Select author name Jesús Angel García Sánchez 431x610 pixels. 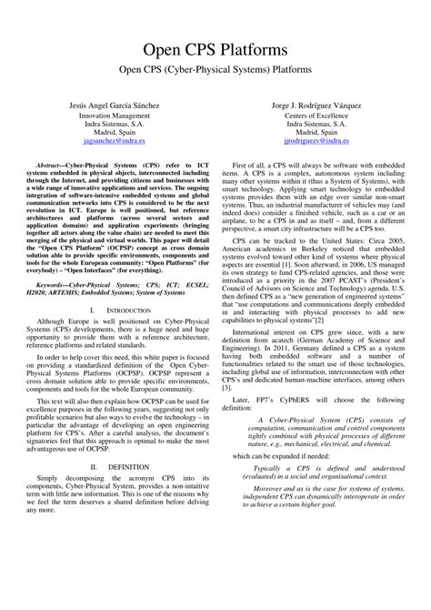pyautogui.click(x=114, y=106)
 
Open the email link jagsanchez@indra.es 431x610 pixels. pyautogui.click(x=114, y=142)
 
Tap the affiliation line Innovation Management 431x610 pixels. pyautogui.click(x=114, y=117)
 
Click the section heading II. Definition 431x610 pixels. pyautogui.click(x=115, y=491)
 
